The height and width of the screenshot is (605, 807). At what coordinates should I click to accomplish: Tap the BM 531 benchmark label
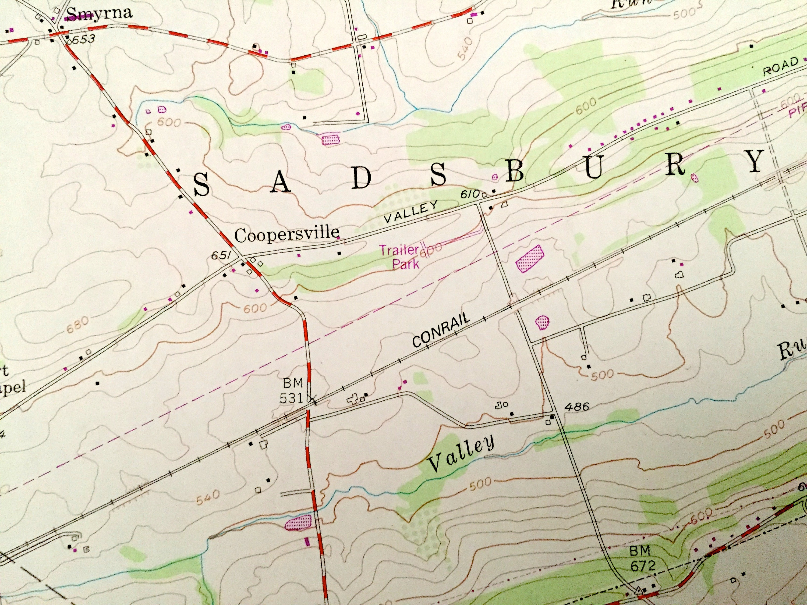click(x=292, y=390)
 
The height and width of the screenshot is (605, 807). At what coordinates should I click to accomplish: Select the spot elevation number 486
click(x=576, y=406)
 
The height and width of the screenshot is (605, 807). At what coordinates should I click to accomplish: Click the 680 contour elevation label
click(x=77, y=325)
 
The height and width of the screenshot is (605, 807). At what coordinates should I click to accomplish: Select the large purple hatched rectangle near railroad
click(x=530, y=258)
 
